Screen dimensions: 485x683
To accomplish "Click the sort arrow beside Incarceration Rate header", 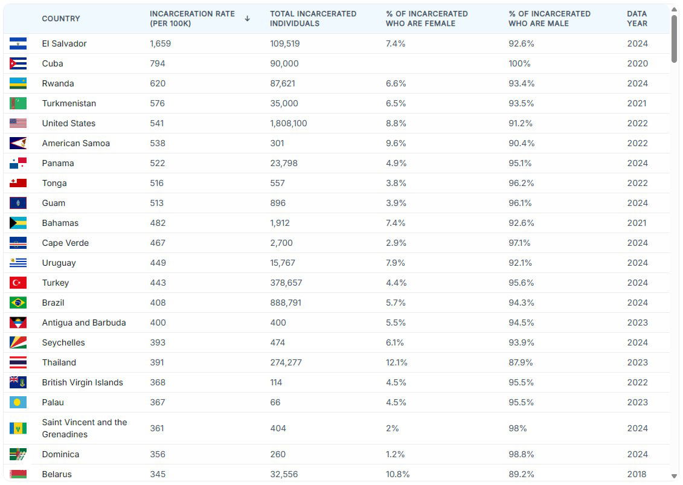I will coord(247,19).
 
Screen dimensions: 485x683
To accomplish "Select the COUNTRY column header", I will coord(61,19).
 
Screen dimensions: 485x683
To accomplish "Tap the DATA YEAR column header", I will coord(637,18).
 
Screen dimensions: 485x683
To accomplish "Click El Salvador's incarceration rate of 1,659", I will coord(161,43).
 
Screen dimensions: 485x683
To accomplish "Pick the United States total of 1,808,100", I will coord(288,123).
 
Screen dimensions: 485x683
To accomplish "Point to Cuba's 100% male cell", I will coord(519,63).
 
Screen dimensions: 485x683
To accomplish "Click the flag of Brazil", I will coord(18,303).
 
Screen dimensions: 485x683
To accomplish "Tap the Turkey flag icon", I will coord(18,283).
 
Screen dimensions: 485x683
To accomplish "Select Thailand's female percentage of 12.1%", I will coord(396,362).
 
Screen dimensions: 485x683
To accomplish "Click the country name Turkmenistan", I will coord(69,103).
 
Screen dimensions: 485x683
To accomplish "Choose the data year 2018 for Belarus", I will coord(637,474).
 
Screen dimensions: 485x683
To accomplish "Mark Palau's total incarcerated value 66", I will coord(275,402).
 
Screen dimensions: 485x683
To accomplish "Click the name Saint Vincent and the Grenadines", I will coord(85,428).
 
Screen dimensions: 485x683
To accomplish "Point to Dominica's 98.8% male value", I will coord(522,454).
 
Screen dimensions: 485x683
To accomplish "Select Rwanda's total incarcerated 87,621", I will coord(284,83).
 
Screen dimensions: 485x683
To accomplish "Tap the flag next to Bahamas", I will coord(18,223).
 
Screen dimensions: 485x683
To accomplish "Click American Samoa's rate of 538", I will coord(158,143).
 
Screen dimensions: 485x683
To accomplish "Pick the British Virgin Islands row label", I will coord(82,382).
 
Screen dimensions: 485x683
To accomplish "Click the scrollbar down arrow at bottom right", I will coord(675,477).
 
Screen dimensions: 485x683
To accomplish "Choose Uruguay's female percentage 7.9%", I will coord(396,263).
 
